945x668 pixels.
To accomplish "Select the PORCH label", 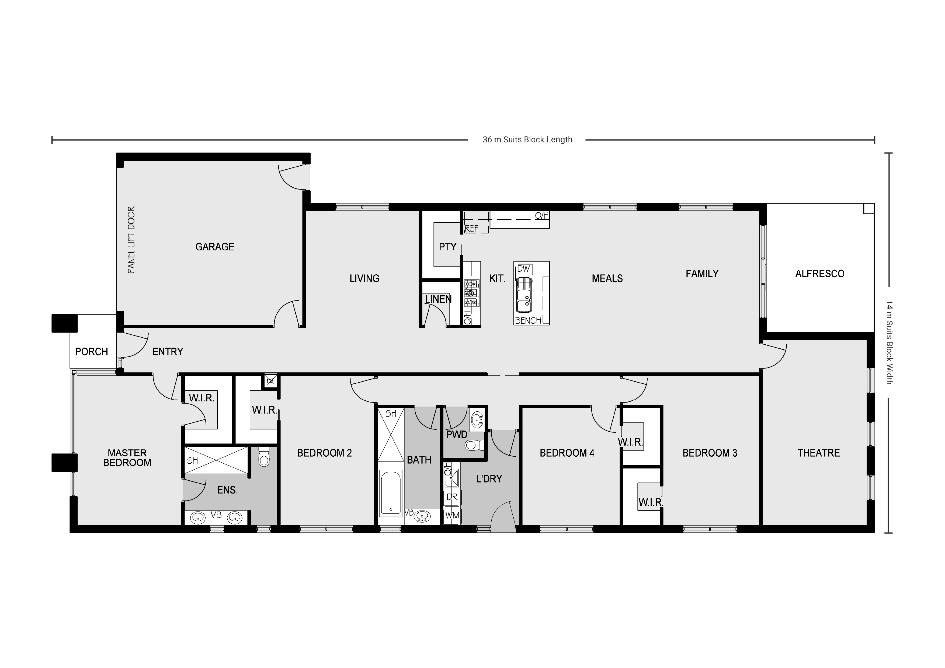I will tap(91, 352).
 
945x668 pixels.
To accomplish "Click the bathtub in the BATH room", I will tap(390, 492).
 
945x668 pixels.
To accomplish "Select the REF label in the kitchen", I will tap(472, 229).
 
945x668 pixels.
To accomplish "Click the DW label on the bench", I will tap(523, 269).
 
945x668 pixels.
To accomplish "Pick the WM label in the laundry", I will tap(452, 515).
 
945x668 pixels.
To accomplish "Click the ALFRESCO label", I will tap(819, 274).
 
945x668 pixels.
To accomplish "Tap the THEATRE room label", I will tap(818, 453).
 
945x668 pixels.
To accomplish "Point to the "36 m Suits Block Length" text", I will tap(527, 140).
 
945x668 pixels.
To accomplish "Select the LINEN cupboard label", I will tap(438, 299).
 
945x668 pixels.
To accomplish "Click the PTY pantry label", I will tap(447, 247).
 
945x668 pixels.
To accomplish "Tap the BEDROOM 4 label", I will tap(567, 453).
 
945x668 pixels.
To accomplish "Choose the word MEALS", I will tap(607, 278).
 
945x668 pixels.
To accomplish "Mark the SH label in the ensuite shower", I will tap(192, 461).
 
